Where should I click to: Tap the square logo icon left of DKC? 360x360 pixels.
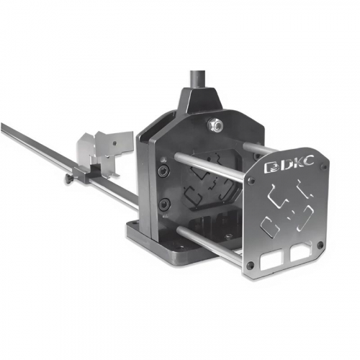click(x=271, y=167)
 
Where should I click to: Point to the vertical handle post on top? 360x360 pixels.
click(x=197, y=80)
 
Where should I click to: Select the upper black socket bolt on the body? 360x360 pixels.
click(x=163, y=171)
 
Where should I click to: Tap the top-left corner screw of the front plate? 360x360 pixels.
click(x=251, y=180)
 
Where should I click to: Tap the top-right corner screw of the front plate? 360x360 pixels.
click(x=324, y=166)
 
